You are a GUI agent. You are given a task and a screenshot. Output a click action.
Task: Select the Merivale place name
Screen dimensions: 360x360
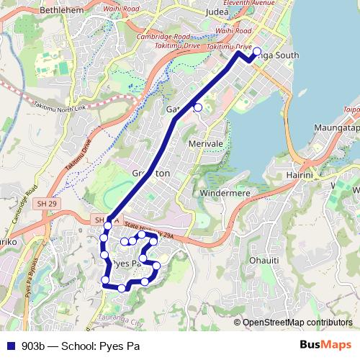click(206, 144)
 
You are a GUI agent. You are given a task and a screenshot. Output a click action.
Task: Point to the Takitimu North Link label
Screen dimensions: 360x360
click(58, 107)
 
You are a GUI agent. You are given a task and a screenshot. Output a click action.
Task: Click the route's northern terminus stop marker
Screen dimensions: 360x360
click(257, 51)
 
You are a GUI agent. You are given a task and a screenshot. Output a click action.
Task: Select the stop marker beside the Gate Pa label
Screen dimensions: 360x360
click(198, 108)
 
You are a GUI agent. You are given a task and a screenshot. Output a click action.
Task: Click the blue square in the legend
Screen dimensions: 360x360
click(9, 346)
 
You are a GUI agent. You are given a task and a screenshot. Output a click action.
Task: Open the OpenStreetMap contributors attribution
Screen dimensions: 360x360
click(297, 323)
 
